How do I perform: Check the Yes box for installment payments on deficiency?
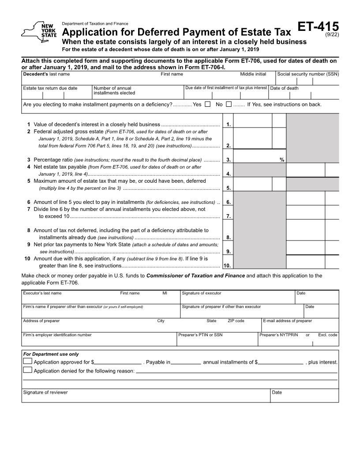[208, 105]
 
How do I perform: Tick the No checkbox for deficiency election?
[229, 105]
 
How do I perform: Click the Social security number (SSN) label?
[308, 74]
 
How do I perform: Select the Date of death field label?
[284, 88]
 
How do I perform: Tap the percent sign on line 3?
[282, 160]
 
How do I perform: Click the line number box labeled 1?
[228, 124]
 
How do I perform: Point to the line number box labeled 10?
[227, 266]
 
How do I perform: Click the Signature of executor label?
[202, 293]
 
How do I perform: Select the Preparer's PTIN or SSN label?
[200, 335]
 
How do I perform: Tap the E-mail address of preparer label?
[287, 321]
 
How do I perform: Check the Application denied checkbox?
[27, 370]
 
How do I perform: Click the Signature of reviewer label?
[45, 392]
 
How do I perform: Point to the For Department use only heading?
[51, 354]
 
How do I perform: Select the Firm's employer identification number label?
[57, 335]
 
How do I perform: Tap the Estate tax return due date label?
[50, 88]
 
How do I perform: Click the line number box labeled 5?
[228, 188]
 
